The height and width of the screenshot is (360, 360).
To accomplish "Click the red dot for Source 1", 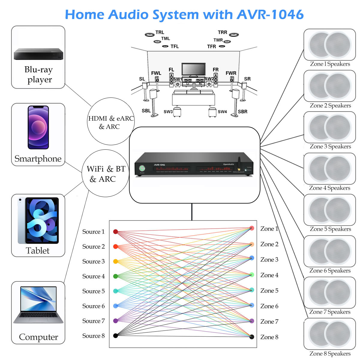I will point(115,232).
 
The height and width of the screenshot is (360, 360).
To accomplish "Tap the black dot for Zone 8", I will point(252,337).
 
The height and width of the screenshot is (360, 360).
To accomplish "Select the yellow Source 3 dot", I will point(115,261).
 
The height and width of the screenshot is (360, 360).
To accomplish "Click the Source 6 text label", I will point(94,306).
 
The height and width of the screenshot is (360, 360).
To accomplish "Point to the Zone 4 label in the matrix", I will point(269,275).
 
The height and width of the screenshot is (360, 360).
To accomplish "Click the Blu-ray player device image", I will point(38,54).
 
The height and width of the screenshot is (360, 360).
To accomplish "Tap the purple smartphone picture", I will point(38,127).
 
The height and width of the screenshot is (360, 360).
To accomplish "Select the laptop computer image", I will point(38,304).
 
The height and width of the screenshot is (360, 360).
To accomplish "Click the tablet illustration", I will point(38,220).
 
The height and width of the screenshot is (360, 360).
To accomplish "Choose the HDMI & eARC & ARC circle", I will point(111,122).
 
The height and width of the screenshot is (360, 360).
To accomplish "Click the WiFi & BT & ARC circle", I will point(106,173).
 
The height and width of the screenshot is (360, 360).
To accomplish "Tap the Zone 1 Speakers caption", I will point(330,64).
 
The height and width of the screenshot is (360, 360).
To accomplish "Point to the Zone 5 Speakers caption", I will point(330,229).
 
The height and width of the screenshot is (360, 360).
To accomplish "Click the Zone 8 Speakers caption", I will point(330,354).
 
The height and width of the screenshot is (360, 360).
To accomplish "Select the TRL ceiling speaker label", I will point(160,32).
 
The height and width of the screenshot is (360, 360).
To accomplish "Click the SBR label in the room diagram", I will point(242,112).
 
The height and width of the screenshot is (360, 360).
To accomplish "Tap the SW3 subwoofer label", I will point(168,112).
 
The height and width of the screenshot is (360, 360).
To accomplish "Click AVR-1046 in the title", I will point(270,15).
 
